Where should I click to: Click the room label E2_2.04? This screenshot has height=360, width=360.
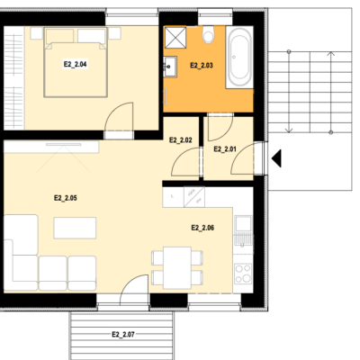[x=76, y=64]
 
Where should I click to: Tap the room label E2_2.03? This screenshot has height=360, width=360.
[x=202, y=66]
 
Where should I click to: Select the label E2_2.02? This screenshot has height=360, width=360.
[x=181, y=140]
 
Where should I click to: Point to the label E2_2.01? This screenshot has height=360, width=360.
[x=225, y=149]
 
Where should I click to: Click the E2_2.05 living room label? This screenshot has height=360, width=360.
[x=66, y=198]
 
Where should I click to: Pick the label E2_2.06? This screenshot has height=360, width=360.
[x=202, y=228]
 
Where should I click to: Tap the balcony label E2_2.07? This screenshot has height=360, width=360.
[x=123, y=334]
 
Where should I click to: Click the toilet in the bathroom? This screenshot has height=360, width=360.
[x=208, y=34]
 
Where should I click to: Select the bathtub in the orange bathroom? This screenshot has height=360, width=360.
[x=239, y=57]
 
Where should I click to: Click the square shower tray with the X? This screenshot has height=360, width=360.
[x=175, y=37]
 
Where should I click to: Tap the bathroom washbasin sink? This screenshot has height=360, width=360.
[x=170, y=67]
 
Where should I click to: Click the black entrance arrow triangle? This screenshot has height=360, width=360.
[x=276, y=158]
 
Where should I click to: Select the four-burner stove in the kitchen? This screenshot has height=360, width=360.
[x=243, y=274]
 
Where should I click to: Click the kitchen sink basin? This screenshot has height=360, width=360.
[x=243, y=224]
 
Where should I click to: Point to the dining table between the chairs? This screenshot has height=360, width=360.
[x=177, y=267]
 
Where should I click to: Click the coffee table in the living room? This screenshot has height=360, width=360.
[x=75, y=228]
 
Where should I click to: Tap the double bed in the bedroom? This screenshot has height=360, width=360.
[x=76, y=62]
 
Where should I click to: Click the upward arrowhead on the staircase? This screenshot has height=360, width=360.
[x=330, y=54]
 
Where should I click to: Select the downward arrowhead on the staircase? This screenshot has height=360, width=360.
[x=289, y=130]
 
